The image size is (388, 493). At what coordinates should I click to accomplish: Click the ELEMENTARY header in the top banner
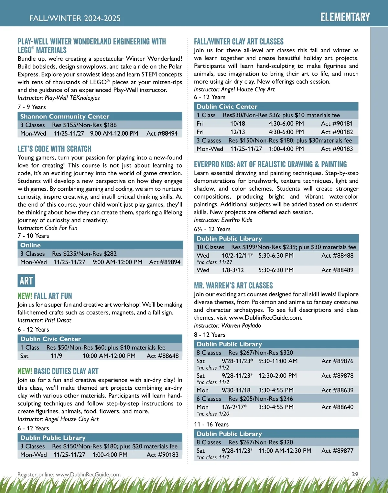[x=345, y=17]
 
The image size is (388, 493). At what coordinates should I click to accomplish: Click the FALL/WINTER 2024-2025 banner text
[x=75, y=18]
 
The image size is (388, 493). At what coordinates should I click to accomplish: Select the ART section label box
[x=26, y=281]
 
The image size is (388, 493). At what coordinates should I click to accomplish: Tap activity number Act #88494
[x=162, y=133]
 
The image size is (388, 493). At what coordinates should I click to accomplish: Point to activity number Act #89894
[x=165, y=262]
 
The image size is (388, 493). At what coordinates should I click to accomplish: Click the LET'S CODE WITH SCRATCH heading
[x=54, y=149]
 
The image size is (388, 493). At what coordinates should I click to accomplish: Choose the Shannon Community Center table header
[x=65, y=116]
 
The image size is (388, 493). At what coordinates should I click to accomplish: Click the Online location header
[x=30, y=245]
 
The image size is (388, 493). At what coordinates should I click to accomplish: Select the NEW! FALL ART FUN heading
[x=45, y=296]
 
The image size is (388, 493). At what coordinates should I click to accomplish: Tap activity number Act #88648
[x=163, y=356]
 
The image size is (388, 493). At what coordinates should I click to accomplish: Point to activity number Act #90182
[x=337, y=132]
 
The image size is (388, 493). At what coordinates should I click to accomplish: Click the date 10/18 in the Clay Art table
[x=238, y=124]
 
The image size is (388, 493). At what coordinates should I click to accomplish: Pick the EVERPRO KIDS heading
[x=270, y=164]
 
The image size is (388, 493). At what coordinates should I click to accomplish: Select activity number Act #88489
[x=337, y=270]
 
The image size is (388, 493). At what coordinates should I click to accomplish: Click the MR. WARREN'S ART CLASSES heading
[x=233, y=285]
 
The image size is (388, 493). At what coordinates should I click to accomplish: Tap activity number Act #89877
[x=337, y=451]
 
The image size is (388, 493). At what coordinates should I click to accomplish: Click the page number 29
[x=355, y=474]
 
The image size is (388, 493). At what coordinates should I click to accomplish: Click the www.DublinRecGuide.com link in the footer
[x=88, y=475]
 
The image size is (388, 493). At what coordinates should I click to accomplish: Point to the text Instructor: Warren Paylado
[x=227, y=325]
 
